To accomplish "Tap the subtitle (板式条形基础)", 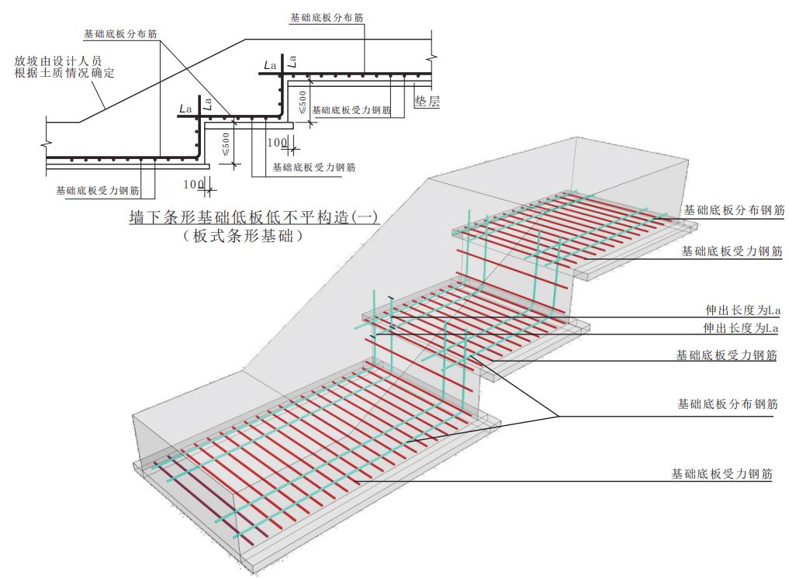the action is pos(243,235).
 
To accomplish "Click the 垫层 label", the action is pos(427,102).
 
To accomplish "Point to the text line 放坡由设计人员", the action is pos(58,61).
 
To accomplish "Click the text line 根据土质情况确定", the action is pos(64,73).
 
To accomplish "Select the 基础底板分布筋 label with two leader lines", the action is pos(120,34).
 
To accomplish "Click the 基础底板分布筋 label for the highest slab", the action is pos(327,18).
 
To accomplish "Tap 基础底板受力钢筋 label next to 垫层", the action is pos(351,110).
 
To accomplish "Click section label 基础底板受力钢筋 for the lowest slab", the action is pos(98,191).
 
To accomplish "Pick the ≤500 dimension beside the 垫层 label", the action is pos(302,102).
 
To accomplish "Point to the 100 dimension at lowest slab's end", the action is pos(193,185).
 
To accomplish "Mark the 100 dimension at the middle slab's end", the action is pos(277,143).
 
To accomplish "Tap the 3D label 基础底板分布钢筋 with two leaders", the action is pos(728,404).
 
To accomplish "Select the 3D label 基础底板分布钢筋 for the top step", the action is pos(734,210).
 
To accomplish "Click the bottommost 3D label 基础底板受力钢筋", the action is pos(722,474).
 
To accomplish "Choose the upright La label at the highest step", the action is pos(270,65).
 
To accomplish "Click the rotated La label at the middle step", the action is pos(207,104).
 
